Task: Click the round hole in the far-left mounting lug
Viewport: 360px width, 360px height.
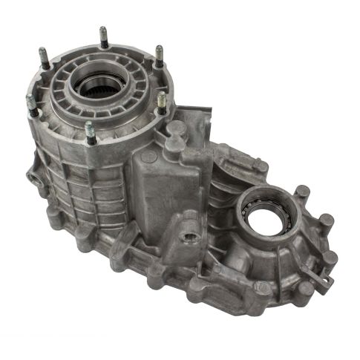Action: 32,179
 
